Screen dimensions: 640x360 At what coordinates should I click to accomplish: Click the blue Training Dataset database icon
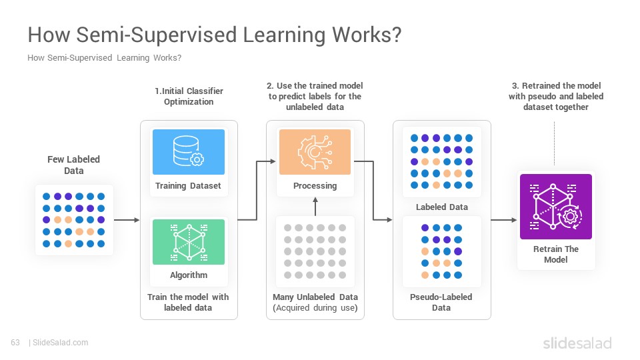pos(189,152)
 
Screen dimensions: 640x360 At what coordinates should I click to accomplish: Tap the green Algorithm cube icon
pos(189,241)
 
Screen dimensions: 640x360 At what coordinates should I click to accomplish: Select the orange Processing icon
pos(315,152)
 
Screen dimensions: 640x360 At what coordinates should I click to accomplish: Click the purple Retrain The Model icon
pos(555,207)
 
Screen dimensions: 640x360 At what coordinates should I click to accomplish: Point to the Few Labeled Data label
pos(74,165)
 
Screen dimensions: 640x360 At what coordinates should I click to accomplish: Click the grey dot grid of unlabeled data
pos(315,251)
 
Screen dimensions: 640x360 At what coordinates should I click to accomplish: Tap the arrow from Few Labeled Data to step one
pos(127,220)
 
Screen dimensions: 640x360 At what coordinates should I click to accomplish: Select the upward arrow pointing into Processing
pos(315,206)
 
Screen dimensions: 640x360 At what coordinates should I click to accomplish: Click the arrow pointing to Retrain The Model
pos(504,220)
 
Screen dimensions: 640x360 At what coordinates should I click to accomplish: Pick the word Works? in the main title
pos(367,35)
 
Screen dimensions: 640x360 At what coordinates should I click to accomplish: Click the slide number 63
pos(15,343)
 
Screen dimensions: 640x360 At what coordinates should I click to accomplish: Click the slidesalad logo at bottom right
pos(577,343)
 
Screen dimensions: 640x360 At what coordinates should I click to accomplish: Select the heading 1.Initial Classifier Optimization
pos(189,96)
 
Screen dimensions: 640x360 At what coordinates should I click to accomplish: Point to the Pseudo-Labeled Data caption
pos(441,303)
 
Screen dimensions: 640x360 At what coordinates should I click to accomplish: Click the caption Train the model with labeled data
pos(188,303)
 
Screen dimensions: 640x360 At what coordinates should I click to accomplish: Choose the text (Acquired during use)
pos(315,308)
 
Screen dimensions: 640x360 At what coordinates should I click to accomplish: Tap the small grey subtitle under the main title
pos(105,58)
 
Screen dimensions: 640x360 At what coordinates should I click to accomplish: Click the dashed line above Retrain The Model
pos(554,143)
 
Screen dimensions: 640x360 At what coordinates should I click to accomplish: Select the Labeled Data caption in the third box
pos(441,207)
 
